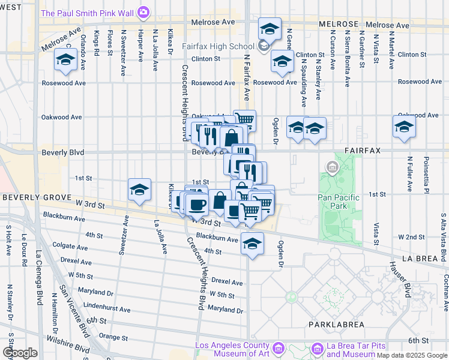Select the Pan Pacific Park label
(339, 202)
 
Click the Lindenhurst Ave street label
(107, 309)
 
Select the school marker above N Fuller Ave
(405, 127)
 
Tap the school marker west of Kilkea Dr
(139, 190)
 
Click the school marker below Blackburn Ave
(253, 244)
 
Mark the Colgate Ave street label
(73, 245)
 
